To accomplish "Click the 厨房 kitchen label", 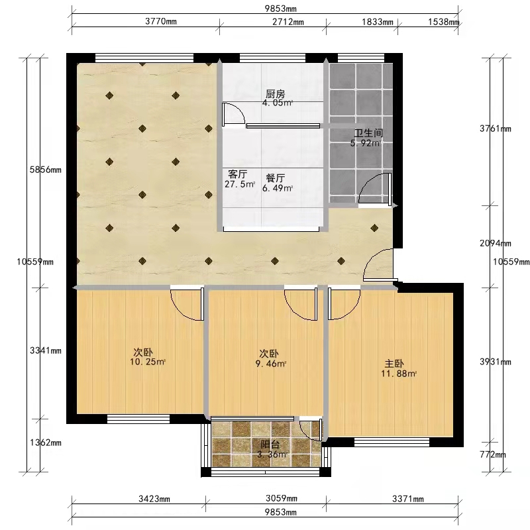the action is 275,93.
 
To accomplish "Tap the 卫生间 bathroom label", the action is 368,133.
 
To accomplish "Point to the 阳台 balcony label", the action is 270,444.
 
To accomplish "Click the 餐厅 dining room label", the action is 275,178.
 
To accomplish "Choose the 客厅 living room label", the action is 238,174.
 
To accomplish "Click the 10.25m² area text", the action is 148,362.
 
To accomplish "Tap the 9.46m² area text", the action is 271,364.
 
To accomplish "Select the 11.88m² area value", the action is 399,374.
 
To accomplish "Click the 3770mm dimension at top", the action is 161,21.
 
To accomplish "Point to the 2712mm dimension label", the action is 288,22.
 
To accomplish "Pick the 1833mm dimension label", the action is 378,22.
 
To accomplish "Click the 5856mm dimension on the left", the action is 46,170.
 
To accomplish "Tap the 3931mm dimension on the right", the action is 495,362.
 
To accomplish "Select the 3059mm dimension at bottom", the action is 282,498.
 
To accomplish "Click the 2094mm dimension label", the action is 495,243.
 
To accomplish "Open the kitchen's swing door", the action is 233,115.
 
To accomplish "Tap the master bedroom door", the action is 344,303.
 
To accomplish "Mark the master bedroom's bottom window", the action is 392,441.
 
